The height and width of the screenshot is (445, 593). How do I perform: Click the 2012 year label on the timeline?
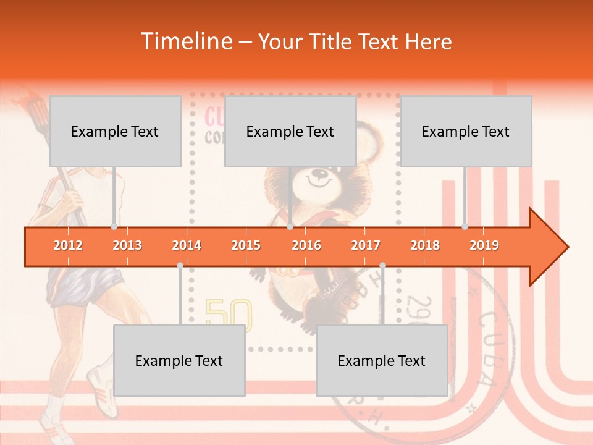tap(68, 245)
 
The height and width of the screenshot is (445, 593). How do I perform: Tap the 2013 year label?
tap(127, 245)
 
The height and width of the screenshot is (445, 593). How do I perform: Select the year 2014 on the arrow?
tap(187, 245)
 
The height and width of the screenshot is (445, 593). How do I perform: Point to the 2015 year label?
tap(246, 245)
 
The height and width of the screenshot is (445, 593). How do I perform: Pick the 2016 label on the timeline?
tap(306, 245)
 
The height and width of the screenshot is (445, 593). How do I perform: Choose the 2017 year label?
tap(366, 245)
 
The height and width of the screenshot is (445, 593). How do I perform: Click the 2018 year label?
tap(425, 245)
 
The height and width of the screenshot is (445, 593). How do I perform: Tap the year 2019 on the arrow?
tap(484, 245)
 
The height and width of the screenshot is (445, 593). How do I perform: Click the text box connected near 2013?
tap(115, 131)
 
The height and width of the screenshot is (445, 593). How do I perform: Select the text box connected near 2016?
tap(290, 131)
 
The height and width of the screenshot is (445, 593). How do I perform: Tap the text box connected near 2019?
tap(466, 131)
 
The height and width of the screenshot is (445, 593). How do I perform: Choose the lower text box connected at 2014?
tap(179, 360)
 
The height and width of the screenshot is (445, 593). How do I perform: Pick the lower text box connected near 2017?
tap(382, 360)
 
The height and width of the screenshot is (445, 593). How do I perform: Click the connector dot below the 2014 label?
tap(180, 265)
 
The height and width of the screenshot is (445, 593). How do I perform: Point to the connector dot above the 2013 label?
tap(114, 227)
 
